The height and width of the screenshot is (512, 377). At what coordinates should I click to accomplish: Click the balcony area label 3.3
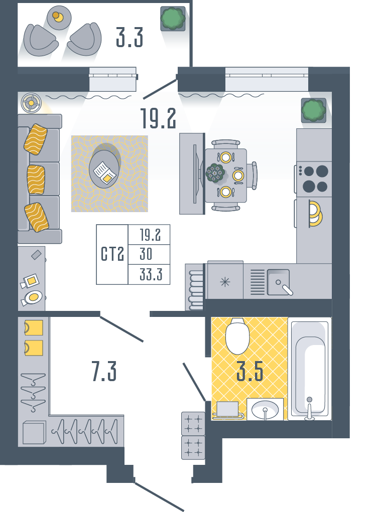pos(130,38)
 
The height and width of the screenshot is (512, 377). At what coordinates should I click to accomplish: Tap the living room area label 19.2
pos(158,118)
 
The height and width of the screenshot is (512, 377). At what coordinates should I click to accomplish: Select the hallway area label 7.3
pos(104,372)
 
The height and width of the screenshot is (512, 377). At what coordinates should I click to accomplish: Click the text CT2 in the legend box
pos(112,254)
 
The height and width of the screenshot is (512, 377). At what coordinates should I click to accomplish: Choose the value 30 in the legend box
pos(146,254)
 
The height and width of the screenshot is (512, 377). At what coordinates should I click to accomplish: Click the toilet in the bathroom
pos(238,335)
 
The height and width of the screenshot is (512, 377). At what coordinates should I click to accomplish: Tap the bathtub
pos(310,369)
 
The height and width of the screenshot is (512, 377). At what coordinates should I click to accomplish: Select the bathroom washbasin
pos(265,409)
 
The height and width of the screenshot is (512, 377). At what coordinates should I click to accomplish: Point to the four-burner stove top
pos(314,179)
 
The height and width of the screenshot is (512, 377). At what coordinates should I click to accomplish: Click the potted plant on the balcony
pos(173,19)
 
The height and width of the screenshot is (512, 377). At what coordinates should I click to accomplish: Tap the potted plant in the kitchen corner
pos(314,110)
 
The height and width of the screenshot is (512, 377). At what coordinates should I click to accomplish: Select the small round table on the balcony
pos(59,18)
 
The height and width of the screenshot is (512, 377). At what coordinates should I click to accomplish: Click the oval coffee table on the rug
pos(104,169)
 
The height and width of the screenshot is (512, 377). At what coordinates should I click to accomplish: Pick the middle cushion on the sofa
pos(36,180)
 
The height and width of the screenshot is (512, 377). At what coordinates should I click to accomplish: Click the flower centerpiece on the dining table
pos(215,173)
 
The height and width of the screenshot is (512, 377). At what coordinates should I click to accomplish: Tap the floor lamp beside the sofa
pos(31,103)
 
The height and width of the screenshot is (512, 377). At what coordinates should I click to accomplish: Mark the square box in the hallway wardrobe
pos(34,433)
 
